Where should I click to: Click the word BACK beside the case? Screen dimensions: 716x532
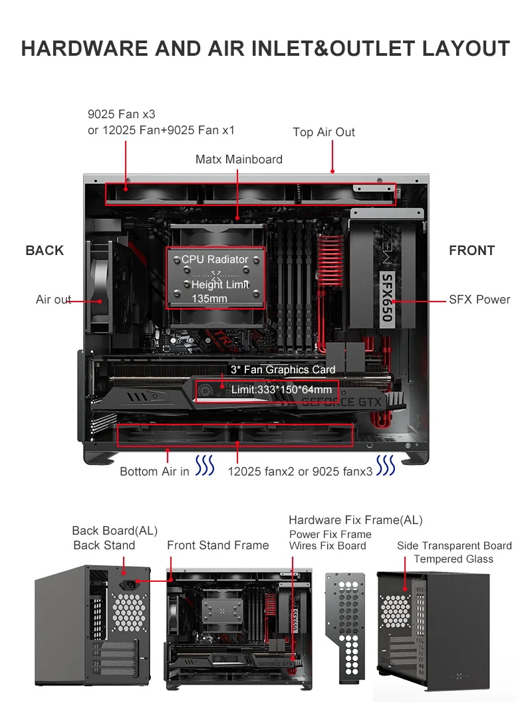(45, 250)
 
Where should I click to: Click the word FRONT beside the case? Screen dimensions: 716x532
(471, 250)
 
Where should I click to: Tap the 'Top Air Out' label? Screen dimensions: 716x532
(324, 132)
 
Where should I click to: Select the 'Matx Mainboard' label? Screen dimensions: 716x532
(239, 159)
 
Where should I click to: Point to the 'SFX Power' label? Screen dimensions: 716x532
(479, 300)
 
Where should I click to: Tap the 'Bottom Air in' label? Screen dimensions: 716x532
(154, 472)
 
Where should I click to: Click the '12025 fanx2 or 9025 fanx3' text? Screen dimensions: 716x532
(300, 472)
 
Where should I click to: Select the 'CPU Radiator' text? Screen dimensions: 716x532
(215, 260)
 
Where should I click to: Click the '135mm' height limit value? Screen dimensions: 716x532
(209, 299)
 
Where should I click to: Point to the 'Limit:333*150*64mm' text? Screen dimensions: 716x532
(281, 390)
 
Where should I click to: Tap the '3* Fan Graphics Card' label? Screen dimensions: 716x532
(283, 370)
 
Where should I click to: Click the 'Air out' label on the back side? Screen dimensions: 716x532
(53, 300)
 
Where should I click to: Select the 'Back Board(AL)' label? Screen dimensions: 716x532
(114, 531)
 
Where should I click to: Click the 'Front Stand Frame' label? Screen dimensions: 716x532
(217, 545)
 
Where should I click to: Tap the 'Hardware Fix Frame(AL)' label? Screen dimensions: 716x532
(355, 520)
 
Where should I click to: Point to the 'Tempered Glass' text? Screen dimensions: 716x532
(454, 559)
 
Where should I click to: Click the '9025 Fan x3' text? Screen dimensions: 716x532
(122, 115)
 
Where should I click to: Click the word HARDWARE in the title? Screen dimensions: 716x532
(84, 49)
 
